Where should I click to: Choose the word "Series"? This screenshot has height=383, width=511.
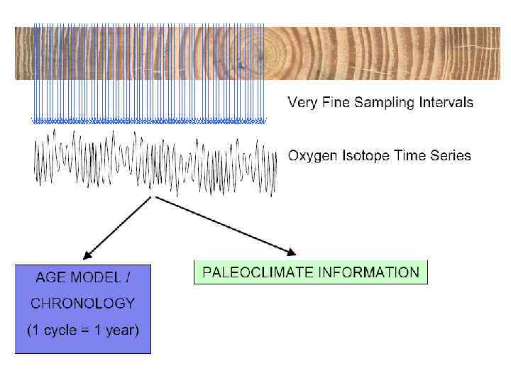click(451, 155)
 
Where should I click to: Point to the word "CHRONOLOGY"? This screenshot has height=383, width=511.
click(82, 303)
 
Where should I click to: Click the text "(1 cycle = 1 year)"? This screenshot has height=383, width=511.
click(82, 331)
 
